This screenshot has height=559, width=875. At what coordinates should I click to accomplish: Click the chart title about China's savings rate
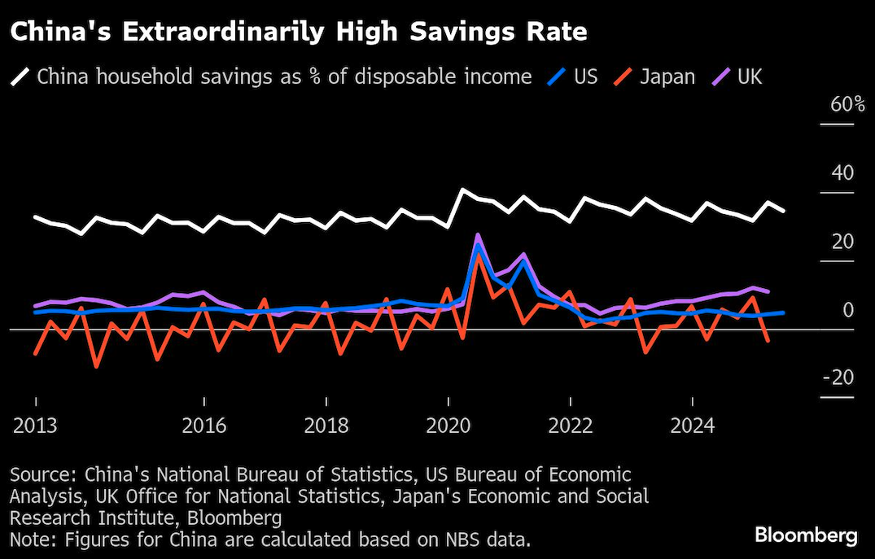click(298, 33)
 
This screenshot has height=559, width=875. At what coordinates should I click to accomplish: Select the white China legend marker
click(20, 77)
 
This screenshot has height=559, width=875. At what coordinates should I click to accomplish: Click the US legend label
click(585, 77)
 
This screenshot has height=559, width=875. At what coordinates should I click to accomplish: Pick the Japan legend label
click(667, 77)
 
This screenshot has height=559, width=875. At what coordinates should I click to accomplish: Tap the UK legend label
click(749, 77)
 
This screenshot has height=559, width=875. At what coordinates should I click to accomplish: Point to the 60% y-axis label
click(837, 105)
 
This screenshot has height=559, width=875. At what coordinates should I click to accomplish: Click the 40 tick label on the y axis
click(842, 173)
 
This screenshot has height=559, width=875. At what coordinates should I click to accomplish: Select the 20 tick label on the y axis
click(842, 242)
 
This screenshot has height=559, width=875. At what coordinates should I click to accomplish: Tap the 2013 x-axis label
click(35, 426)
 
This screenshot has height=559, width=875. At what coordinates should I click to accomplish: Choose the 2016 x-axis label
click(203, 426)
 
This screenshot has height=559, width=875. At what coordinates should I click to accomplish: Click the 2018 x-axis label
click(326, 426)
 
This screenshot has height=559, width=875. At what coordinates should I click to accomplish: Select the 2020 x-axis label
click(448, 426)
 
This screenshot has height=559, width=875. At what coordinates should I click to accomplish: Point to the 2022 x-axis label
click(570, 426)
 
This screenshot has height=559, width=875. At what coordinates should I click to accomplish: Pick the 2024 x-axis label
click(691, 426)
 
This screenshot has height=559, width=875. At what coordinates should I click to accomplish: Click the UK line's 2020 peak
click(478, 235)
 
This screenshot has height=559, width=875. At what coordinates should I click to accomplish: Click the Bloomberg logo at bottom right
click(806, 535)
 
